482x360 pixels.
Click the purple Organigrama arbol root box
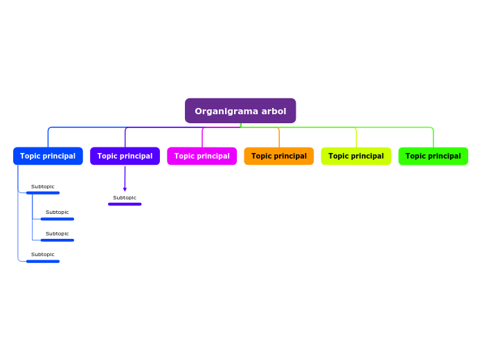pyautogui.click(x=240, y=111)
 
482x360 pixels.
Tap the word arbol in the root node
pyautogui.click(x=273, y=111)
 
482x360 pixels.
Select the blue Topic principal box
pyautogui.click(x=48, y=156)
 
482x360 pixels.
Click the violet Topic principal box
pyautogui.click(x=125, y=156)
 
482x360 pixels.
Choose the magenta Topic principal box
pyautogui.click(x=202, y=156)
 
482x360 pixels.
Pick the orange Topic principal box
pyautogui.click(x=278, y=156)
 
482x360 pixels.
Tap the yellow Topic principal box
pyautogui.click(x=356, y=156)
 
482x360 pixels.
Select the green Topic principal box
pyautogui.click(x=433, y=156)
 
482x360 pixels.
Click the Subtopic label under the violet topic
pyautogui.click(x=125, y=198)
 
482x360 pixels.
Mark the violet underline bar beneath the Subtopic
pyautogui.click(x=125, y=204)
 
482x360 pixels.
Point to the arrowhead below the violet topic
pyautogui.click(x=125, y=189)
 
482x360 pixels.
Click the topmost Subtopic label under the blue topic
pyautogui.click(x=43, y=187)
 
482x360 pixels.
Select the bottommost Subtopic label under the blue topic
pyautogui.click(x=43, y=255)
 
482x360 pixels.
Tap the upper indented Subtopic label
pyautogui.click(x=57, y=213)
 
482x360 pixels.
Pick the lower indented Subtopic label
pyautogui.click(x=57, y=234)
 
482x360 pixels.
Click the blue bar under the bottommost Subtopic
pyautogui.click(x=43, y=261)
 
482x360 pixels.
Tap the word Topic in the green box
pyautogui.click(x=416, y=156)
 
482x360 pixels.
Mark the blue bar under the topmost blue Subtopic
pyautogui.click(x=43, y=193)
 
